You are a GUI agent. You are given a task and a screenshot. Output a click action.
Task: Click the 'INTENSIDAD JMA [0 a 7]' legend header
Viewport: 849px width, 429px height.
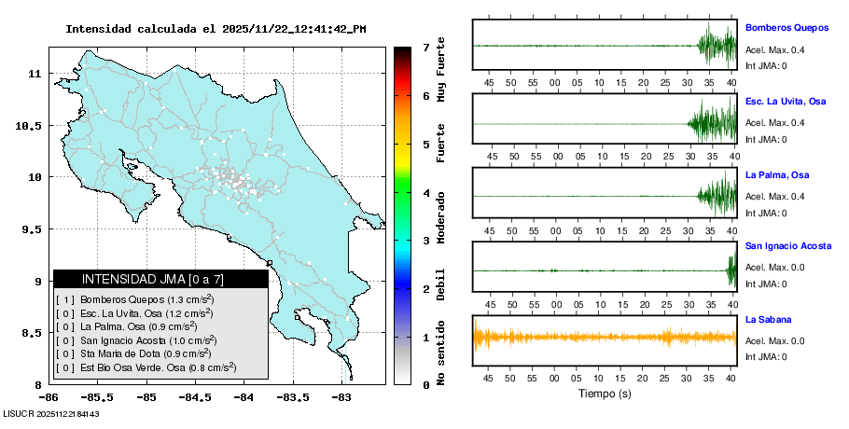(x=153, y=279)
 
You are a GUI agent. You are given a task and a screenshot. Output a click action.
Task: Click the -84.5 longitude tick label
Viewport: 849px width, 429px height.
(x=195, y=397)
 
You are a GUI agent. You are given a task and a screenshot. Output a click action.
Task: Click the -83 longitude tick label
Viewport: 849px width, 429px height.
(x=341, y=397)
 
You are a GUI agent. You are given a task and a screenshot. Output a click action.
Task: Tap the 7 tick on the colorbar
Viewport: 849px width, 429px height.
(x=425, y=47)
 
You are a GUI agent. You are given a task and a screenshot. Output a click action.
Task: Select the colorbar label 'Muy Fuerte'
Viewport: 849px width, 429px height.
(x=440, y=71)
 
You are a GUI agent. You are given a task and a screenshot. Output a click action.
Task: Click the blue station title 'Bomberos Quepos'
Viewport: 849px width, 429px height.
(x=786, y=28)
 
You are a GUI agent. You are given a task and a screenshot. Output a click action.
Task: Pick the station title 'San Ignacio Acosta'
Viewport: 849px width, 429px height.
(x=788, y=246)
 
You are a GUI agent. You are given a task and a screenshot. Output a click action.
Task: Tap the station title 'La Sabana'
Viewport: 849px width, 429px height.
(x=768, y=319)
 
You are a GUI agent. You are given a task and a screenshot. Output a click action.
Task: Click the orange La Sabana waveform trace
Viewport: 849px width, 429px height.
(x=605, y=337)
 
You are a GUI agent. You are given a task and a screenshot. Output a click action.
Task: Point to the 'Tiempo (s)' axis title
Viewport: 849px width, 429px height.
(x=605, y=394)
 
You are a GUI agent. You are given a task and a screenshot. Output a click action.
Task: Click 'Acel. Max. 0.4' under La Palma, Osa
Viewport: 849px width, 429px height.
(x=774, y=196)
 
